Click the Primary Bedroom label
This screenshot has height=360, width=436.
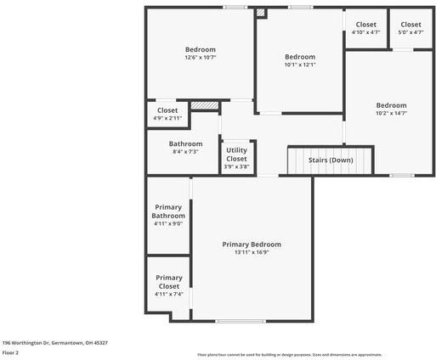252,244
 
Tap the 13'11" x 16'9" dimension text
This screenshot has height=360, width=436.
252,252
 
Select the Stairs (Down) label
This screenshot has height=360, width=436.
330,160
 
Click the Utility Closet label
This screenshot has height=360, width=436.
236,155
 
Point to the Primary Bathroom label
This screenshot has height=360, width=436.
168,211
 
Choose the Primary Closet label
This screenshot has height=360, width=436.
168,282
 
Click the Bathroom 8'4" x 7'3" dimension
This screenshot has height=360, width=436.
185,152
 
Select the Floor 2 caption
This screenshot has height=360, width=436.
10,352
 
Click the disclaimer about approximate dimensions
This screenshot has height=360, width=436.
289,354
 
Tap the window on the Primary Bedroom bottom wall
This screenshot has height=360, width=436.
228,321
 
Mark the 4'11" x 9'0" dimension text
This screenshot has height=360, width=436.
168,224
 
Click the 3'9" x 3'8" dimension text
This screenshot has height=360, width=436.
236,166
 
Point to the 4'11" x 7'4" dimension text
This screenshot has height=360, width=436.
168,294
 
